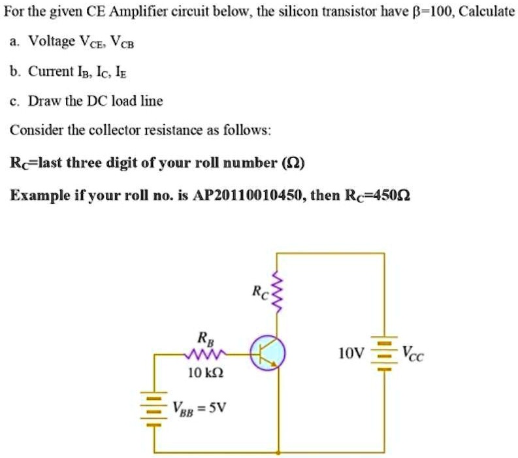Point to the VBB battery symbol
[x=154, y=410]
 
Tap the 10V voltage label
[x=350, y=354]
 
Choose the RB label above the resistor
[x=204, y=338]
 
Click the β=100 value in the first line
[x=423, y=12]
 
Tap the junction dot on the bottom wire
[x=279, y=452]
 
